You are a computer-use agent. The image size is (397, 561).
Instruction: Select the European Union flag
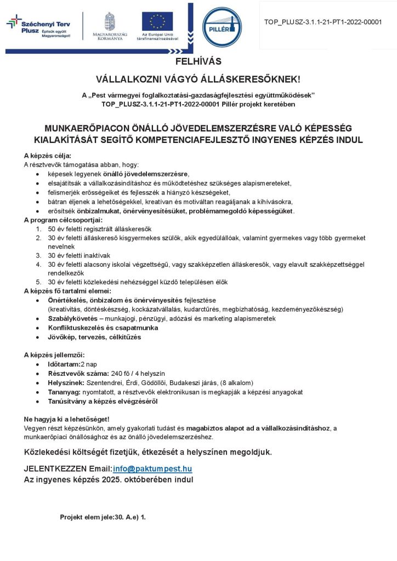[x=157, y=21]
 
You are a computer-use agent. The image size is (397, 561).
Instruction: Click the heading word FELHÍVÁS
[x=198, y=61]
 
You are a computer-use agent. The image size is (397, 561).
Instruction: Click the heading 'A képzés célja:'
[x=48, y=156]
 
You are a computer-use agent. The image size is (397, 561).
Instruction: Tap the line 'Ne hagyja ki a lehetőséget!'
[x=67, y=419]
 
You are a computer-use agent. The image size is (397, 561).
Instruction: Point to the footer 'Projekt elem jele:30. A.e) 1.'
[x=103, y=517]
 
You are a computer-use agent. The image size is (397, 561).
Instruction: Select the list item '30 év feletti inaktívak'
[x=80, y=255]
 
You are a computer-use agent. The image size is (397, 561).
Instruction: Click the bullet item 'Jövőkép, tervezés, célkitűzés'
[x=94, y=337]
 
